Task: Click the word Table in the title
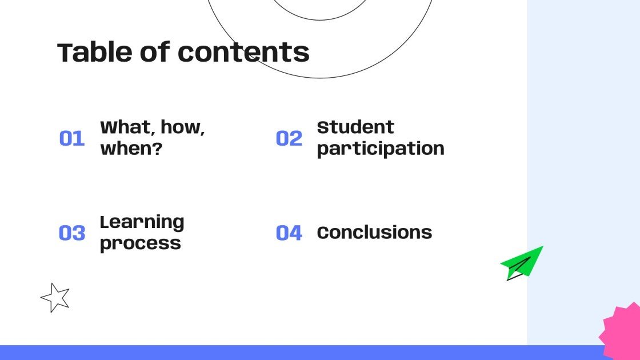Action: [x=85, y=53]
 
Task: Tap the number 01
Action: [x=72, y=138]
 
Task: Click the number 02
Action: [x=289, y=138]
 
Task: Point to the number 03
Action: [x=72, y=233]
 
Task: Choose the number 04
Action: [x=289, y=233]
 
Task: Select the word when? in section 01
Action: [x=131, y=149]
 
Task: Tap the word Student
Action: [x=355, y=127]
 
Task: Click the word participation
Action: [x=381, y=149]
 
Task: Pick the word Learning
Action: [x=142, y=222]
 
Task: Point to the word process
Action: [x=140, y=243]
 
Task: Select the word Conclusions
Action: [x=374, y=233]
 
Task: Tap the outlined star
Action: [x=55, y=298]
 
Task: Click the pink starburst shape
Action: [x=623, y=331]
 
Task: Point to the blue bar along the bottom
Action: [x=286, y=353]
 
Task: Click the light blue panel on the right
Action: [x=583, y=143]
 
